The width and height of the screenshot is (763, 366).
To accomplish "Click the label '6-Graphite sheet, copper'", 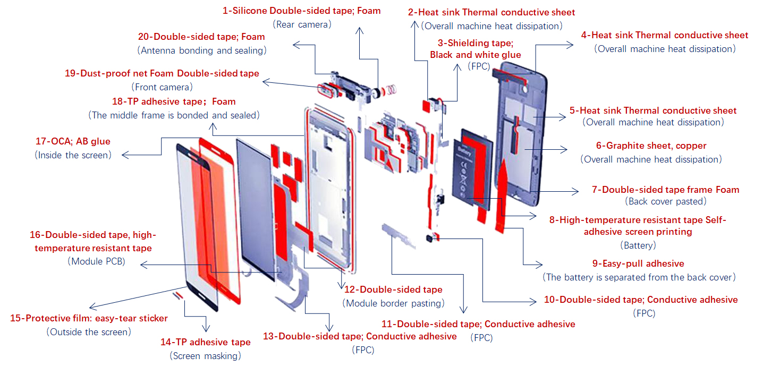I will coord(651,146).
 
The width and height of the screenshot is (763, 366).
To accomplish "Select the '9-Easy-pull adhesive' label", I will coord(638,263).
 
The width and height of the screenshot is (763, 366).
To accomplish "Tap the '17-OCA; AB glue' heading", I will coord(73,142).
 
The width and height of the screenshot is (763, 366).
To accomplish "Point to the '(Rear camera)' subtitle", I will coord(302,24).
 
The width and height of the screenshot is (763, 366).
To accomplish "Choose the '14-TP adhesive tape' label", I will coord(205,342).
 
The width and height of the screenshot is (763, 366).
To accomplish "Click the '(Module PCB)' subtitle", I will coord(96,261).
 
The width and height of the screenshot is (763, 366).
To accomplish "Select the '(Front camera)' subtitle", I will coord(162,86).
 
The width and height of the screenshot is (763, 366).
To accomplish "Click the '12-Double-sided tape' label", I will coord(393,290).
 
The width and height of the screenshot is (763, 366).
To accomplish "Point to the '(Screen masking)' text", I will coord(205,355).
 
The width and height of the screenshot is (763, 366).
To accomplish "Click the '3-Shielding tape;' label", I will coord(475,43).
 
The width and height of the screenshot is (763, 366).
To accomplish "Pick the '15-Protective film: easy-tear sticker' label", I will coord(89,318).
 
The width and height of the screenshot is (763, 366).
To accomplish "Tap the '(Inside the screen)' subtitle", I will coord(73,155).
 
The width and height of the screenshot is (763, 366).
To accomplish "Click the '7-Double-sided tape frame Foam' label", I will coord(665,189).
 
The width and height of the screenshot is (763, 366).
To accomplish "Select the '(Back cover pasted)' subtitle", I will coord(665,201).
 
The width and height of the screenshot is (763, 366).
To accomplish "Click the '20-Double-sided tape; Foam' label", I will coord(201,37).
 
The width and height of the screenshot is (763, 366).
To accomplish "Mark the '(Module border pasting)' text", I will coord(393,303).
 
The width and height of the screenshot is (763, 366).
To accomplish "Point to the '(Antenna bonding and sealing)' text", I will coord(201,50).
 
